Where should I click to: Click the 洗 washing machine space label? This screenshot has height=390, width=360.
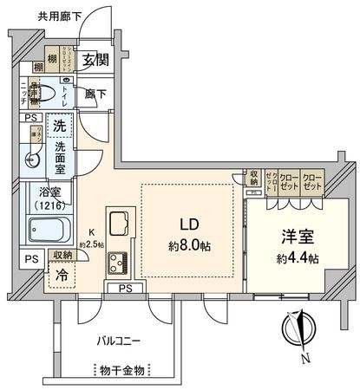59,126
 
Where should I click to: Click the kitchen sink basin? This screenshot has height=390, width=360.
118,222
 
